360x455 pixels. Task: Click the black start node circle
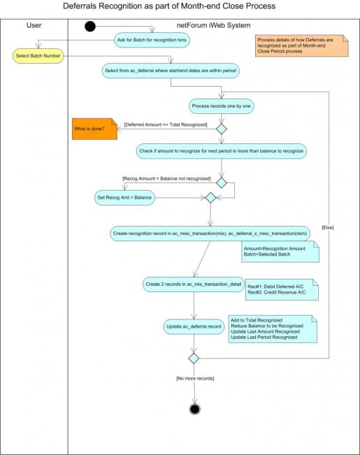[x=90, y=27]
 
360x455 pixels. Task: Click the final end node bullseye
[x=194, y=409]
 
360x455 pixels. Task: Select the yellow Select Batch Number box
[x=38, y=56]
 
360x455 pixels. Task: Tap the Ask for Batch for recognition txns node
[x=152, y=40]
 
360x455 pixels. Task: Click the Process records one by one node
[x=221, y=106]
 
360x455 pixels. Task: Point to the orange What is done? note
[x=94, y=129]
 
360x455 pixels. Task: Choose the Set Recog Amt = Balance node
[x=124, y=198]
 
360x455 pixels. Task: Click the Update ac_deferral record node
[x=194, y=326]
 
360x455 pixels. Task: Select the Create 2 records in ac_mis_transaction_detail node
[x=194, y=284]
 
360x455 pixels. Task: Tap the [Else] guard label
[x=328, y=228]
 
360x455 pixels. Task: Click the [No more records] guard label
[x=195, y=378]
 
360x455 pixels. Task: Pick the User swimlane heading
[x=34, y=25]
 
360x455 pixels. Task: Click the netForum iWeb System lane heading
[x=214, y=25]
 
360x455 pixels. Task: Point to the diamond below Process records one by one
[x=222, y=129]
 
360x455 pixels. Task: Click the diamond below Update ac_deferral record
[x=194, y=359]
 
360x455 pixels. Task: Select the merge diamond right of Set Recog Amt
[x=210, y=198]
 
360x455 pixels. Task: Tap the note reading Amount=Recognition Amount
[x=280, y=252]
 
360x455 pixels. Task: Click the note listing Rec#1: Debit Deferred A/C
[x=282, y=289]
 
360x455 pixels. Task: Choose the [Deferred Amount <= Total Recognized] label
[x=166, y=125]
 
